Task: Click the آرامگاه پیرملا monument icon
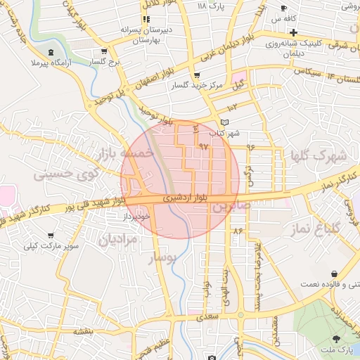click(x=50, y=53)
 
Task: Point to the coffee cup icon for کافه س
click(x=284, y=8)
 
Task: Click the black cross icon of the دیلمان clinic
click(x=294, y=32)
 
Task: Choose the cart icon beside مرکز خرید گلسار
click(x=196, y=75)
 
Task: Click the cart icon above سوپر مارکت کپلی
click(x=50, y=236)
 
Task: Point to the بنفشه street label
click(x=82, y=329)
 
